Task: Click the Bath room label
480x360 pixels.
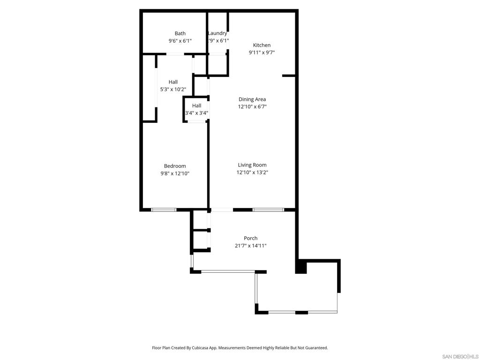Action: click(x=180, y=33)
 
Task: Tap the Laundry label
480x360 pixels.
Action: click(x=218, y=33)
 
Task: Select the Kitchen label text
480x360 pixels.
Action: click(x=262, y=45)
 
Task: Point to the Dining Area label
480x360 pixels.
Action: click(x=252, y=99)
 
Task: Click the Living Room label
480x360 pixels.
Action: click(x=252, y=165)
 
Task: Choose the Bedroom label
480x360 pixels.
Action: click(x=175, y=166)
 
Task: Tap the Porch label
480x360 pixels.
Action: click(x=251, y=238)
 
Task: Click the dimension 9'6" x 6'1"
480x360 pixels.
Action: click(x=180, y=41)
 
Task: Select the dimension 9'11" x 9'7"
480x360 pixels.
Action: click(x=262, y=52)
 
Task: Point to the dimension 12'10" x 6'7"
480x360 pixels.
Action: click(x=252, y=106)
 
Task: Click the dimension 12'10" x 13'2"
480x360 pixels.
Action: click(x=252, y=172)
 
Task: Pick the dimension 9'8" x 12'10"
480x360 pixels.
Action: click(x=175, y=173)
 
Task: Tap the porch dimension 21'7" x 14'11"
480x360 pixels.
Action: click(x=251, y=246)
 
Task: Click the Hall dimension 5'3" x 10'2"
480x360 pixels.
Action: click(x=173, y=90)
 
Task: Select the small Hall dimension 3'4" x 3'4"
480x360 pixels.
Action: click(x=196, y=113)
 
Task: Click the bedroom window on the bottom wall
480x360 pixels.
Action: click(x=164, y=210)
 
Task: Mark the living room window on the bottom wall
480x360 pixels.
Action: click(x=268, y=210)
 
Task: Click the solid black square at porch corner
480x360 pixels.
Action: click(x=301, y=268)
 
